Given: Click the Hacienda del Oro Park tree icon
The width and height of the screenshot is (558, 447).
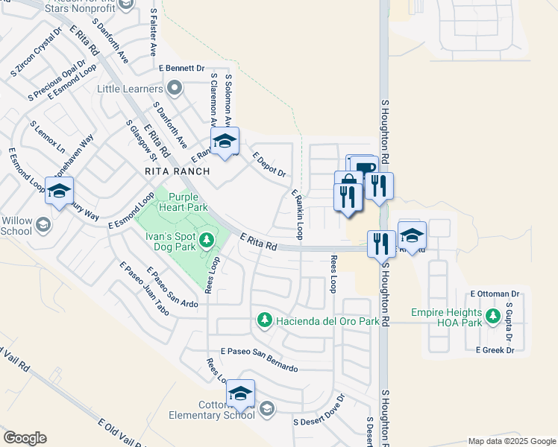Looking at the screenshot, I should [263, 320].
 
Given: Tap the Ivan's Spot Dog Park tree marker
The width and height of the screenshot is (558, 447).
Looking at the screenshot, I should [207, 240].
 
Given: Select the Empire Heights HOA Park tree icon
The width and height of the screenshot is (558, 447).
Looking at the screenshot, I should [492, 317].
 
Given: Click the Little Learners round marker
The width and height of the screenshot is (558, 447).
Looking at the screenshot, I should [175, 89].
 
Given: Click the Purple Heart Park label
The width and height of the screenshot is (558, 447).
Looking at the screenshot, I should [182, 202].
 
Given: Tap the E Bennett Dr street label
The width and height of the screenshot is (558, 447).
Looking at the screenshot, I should [181, 68].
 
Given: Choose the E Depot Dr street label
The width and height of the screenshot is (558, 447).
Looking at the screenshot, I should [269, 165].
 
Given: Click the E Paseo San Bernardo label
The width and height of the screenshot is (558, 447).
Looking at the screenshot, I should [259, 359].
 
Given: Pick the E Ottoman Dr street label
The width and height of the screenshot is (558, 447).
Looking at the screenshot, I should [495, 294].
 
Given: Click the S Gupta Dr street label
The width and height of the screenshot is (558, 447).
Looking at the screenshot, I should [510, 321].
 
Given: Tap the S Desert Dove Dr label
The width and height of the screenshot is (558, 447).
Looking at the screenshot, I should [319, 409].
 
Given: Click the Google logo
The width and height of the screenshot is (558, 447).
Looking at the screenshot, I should [25, 438].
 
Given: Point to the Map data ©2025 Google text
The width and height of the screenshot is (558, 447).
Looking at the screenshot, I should [511, 441].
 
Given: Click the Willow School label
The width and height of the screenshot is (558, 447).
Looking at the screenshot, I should [17, 226].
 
